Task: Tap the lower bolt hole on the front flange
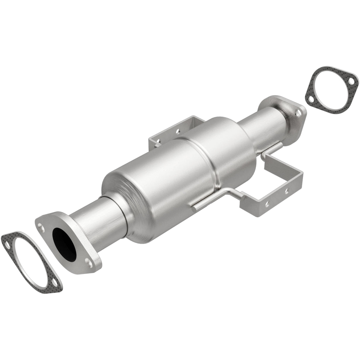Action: (88, 262)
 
